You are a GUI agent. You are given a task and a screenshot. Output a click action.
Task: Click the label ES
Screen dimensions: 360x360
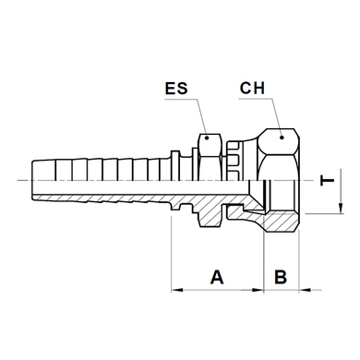(176, 89)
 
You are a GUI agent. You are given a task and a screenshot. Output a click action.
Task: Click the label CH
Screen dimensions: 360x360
(252, 88)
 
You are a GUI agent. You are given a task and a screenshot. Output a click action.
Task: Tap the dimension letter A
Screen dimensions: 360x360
(217, 277)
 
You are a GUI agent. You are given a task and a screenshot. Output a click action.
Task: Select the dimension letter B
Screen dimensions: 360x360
(281, 277)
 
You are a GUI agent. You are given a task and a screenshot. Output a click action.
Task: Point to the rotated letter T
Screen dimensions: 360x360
(328, 180)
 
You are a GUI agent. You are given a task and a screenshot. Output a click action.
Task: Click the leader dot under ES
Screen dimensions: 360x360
(207, 138)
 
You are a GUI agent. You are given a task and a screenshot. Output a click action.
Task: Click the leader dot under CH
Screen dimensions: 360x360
(282, 138)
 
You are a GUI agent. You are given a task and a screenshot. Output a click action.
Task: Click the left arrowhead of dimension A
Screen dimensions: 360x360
(177, 290)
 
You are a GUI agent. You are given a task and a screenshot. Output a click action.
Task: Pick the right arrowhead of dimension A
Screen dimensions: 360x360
(258, 290)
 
